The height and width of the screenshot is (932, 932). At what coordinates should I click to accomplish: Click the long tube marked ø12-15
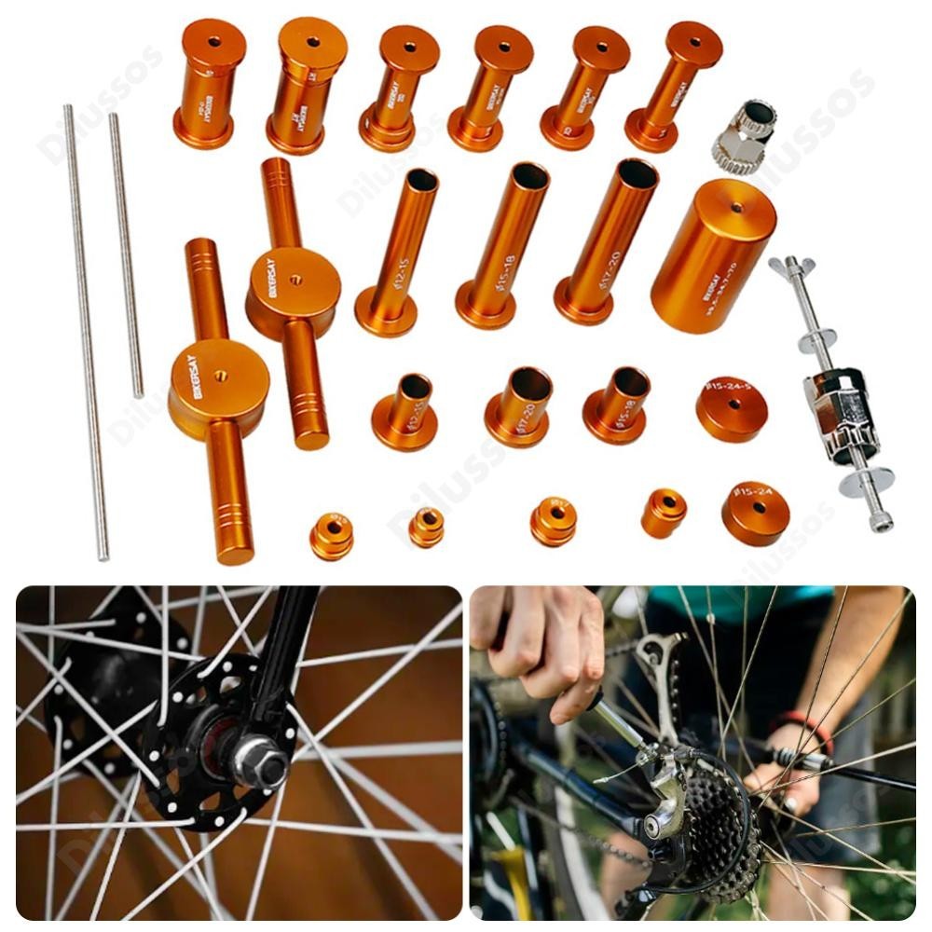[x=398, y=252]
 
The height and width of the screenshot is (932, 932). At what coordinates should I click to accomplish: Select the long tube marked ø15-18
[x=503, y=245]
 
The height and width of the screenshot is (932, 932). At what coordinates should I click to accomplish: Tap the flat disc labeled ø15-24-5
[x=732, y=408]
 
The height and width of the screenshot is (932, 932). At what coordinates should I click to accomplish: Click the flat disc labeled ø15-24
[x=755, y=512]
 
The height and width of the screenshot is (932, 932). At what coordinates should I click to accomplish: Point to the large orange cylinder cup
[x=714, y=255]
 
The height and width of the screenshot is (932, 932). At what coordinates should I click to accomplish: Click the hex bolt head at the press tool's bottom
[x=881, y=521]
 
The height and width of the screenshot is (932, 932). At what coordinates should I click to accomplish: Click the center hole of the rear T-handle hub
[x=295, y=279]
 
